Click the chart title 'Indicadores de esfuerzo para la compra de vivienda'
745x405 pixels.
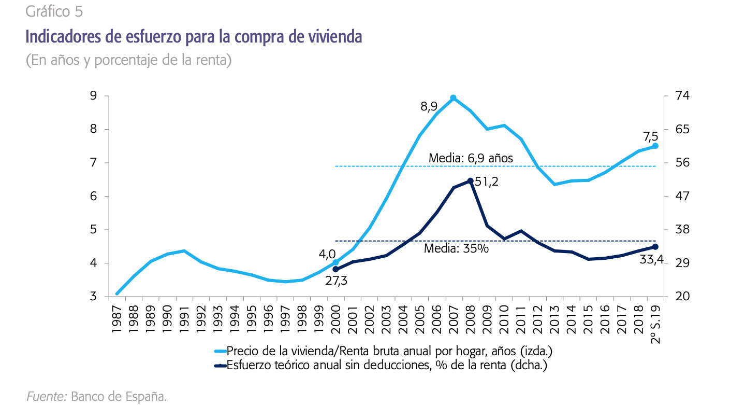tap(194, 37)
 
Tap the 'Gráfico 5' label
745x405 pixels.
tap(54, 11)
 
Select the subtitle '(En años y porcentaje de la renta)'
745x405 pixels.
tap(128, 61)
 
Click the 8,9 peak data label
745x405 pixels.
tap(429, 107)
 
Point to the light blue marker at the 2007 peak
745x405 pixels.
tap(453, 97)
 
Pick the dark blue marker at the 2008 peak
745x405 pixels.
tap(470, 181)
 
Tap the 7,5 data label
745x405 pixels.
tap(650, 136)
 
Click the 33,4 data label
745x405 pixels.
tap(651, 259)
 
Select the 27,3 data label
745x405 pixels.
tap(336, 282)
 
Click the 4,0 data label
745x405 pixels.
tap(327, 255)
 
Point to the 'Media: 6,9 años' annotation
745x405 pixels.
tap(471, 158)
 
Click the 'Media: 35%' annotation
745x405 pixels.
tap(456, 248)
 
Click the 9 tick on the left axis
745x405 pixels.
tap(93, 95)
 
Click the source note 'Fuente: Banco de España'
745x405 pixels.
tap(97, 397)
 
